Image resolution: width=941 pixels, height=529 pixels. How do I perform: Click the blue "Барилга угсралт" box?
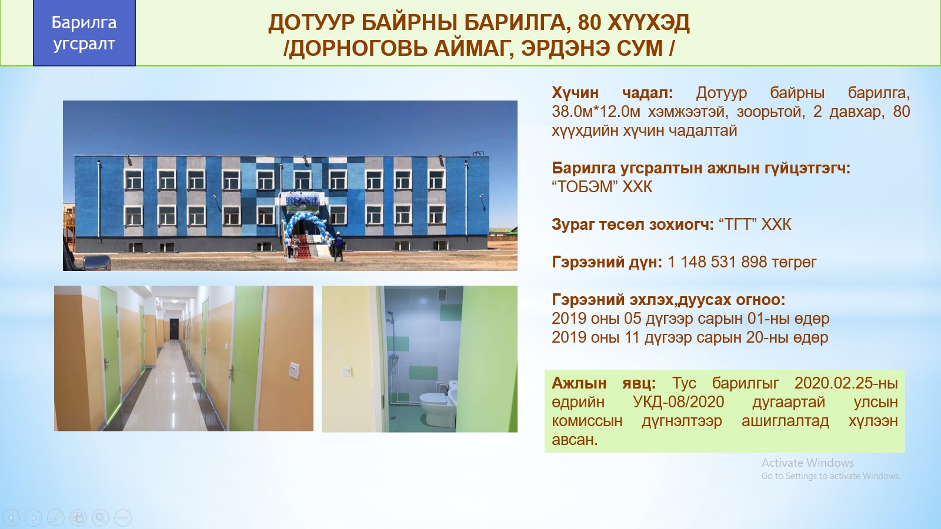84,33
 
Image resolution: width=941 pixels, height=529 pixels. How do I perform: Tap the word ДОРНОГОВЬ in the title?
358,48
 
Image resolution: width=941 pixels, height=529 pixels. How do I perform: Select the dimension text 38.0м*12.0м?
596,112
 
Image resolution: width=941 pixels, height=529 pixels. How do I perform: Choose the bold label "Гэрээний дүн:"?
606,262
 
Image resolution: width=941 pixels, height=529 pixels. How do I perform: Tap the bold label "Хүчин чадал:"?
612,93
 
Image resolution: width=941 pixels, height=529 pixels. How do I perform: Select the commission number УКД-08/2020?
679,402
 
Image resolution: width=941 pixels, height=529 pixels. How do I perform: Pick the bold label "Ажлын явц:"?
603,383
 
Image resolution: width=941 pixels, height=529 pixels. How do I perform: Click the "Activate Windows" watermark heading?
807,463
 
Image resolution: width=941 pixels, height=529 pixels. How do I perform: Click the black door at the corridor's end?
174,329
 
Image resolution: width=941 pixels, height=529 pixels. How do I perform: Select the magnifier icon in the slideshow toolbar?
101,517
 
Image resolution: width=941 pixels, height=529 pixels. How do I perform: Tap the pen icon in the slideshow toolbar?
56,517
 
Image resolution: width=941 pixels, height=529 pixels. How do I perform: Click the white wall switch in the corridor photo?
294,370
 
